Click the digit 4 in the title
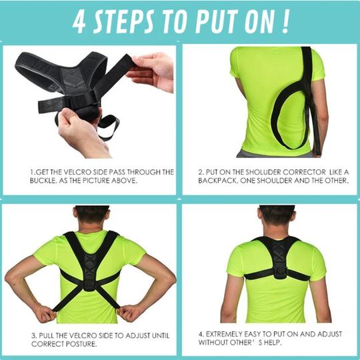click(79, 23)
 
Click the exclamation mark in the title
click(286, 22)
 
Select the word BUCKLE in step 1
click(42, 181)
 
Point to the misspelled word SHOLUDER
click(263, 172)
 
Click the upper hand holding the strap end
click(151, 71)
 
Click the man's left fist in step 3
click(128, 313)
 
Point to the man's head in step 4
click(277, 217)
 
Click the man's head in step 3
click(91, 216)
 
